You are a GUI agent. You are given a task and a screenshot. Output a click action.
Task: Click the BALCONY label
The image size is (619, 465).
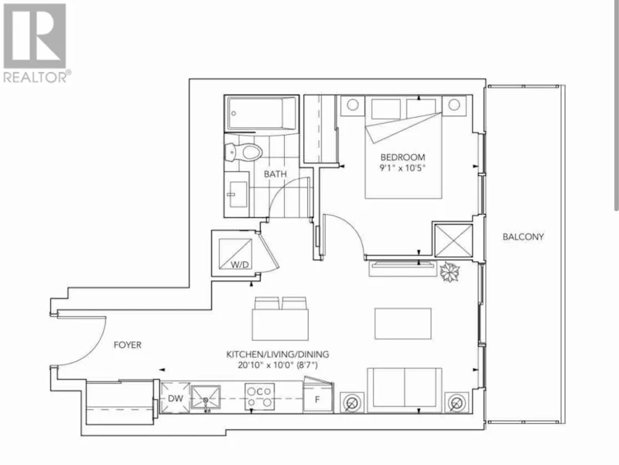pyautogui.click(x=523, y=237)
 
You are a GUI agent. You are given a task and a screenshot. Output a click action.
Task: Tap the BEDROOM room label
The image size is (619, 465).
pyautogui.click(x=402, y=157)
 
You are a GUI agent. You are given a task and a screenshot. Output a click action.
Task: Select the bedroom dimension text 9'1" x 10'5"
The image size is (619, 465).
pyautogui.click(x=402, y=168)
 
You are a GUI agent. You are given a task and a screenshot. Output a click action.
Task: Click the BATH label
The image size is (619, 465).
pyautogui.click(x=275, y=174)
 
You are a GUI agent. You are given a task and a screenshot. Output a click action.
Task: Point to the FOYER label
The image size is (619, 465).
pyautogui.click(x=128, y=345)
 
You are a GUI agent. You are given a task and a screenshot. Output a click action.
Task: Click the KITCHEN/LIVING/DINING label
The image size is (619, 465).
pyautogui.click(x=278, y=354)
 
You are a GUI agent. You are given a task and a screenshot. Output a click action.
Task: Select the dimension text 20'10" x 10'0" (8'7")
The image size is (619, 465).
pyautogui.click(x=278, y=365)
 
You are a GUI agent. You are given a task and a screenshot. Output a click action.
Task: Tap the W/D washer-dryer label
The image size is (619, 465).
pyautogui.click(x=240, y=265)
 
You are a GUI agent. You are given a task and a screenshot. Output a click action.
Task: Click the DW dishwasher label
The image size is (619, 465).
pyautogui.click(x=176, y=398)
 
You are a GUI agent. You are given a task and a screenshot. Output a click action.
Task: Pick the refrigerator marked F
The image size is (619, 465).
pyautogui.click(x=318, y=397)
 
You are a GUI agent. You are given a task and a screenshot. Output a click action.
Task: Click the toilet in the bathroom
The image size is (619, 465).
pyautogui.click(x=243, y=152)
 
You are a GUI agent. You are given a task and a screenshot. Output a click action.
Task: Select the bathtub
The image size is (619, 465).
pyautogui.click(x=262, y=114)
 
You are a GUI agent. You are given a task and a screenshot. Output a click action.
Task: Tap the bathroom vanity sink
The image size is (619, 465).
pyautogui.click(x=237, y=195)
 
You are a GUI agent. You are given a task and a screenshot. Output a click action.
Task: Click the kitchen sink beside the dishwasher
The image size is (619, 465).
pyautogui.click(x=205, y=398)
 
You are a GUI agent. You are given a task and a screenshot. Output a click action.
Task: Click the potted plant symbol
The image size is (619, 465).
pyautogui.click(x=450, y=272)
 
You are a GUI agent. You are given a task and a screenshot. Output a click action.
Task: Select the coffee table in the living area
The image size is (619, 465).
pyautogui.click(x=403, y=323)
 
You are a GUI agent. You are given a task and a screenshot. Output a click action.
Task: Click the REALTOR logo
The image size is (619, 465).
pyautogui.click(x=36, y=43)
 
